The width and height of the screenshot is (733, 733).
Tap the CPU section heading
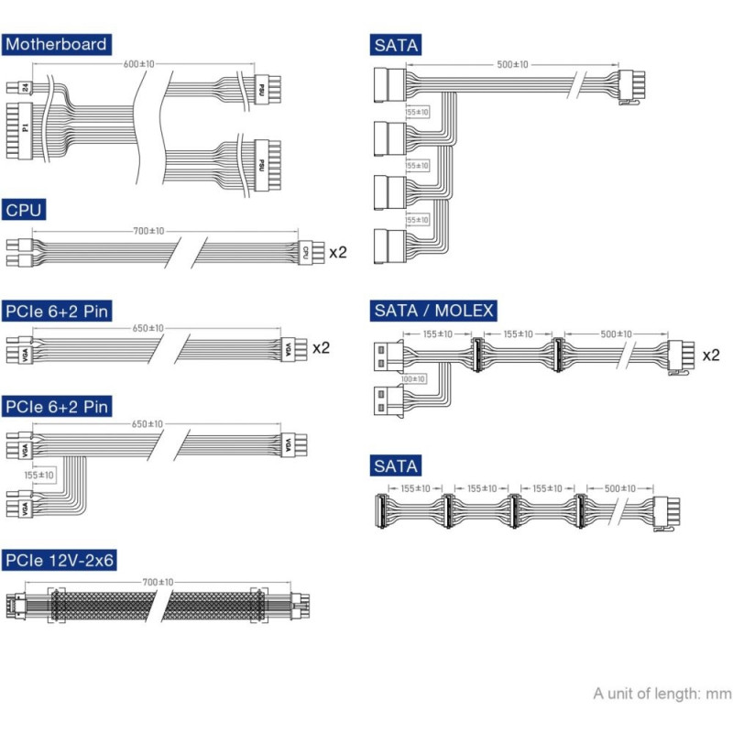point(23,211)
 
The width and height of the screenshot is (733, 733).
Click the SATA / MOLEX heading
point(433,311)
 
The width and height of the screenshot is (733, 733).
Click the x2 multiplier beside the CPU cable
point(337,252)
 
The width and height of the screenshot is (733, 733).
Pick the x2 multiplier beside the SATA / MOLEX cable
point(711,354)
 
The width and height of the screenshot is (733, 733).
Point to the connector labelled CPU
point(306,252)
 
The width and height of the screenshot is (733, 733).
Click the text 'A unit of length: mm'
point(662,694)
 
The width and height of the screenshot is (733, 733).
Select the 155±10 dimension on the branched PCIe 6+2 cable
point(40,475)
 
